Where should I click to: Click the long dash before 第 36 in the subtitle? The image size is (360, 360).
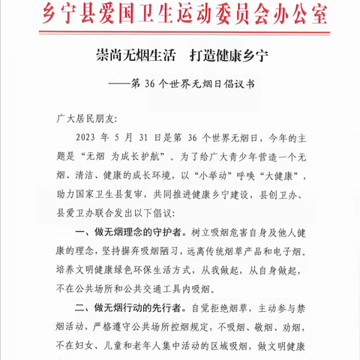125,84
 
